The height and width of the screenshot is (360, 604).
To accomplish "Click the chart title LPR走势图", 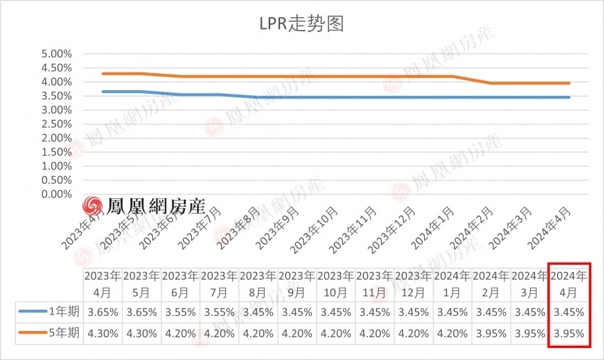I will pyautogui.click(x=301, y=24).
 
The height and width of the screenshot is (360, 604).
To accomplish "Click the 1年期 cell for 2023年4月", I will pyautogui.click(x=102, y=312).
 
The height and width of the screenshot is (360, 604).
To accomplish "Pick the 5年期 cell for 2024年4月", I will pyautogui.click(x=569, y=334).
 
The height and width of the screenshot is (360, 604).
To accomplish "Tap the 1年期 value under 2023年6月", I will pyautogui.click(x=180, y=312).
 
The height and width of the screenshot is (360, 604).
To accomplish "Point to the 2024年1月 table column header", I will pyautogui.click(x=453, y=283).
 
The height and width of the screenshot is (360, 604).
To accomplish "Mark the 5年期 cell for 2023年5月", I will pyautogui.click(x=141, y=334).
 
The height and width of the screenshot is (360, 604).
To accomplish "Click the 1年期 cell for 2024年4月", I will pyautogui.click(x=569, y=312).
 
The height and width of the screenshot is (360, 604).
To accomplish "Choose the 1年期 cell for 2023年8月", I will pyautogui.click(x=258, y=312).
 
